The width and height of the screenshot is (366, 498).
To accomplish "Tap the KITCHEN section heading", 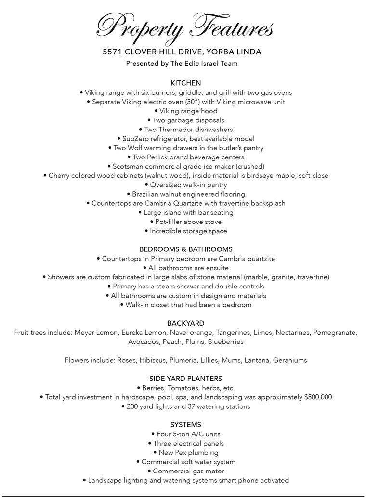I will tap(185, 83).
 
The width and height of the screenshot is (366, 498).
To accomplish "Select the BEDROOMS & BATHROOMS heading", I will tap(185, 249).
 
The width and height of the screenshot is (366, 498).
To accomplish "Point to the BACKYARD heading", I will tap(185, 323).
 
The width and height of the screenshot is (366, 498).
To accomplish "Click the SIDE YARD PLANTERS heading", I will tap(185, 379).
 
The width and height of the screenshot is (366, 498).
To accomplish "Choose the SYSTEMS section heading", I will tap(185, 425).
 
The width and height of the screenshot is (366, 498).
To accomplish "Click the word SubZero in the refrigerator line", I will tap(136, 139).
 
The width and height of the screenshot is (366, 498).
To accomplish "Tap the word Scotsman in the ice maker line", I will tap(128, 167).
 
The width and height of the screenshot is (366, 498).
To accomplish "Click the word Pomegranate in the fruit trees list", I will tap(335, 333).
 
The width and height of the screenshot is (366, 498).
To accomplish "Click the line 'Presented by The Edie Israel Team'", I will tap(182, 63).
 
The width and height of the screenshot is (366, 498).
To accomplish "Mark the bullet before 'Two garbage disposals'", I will tap(149, 120).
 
